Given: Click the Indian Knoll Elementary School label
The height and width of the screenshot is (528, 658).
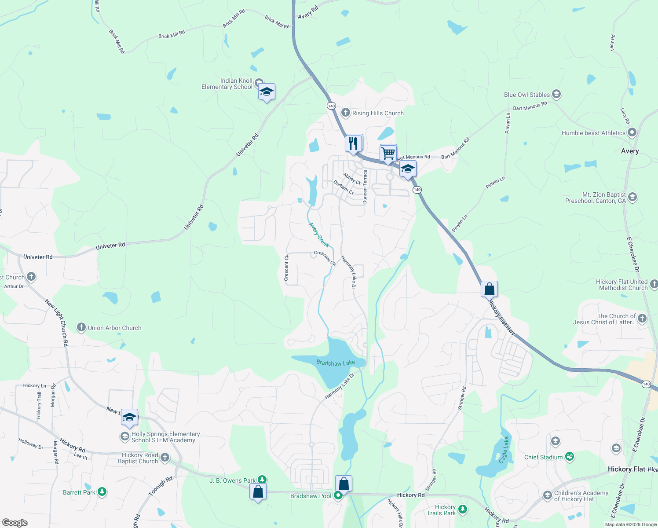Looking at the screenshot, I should tap(227, 84).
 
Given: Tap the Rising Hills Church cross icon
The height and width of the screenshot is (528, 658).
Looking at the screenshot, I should tap(346, 113).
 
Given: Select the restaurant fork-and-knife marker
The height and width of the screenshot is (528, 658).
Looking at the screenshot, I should tap(354, 143).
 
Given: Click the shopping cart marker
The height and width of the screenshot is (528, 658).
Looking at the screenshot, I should tap(388, 154).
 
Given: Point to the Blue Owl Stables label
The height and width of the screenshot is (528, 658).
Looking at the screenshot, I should tap(527, 95).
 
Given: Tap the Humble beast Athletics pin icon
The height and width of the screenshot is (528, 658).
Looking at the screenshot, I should tap(632, 132).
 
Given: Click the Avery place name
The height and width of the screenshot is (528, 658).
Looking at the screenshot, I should tap(630, 151).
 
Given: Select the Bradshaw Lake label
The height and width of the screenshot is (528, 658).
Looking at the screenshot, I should tap(336, 363).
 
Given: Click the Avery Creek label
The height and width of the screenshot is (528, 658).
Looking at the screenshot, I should tap(319, 235).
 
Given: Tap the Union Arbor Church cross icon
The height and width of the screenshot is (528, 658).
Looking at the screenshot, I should tap(81, 327).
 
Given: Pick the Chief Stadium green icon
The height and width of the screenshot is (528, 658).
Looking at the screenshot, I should tap(570, 457).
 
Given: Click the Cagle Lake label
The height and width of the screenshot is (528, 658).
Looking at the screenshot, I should tap(504, 450).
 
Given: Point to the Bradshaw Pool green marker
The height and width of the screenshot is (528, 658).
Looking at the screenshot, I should tap(338, 496).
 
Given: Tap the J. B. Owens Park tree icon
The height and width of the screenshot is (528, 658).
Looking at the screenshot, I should tap(262, 480).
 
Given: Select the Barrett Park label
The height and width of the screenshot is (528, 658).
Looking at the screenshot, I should tap(79, 492).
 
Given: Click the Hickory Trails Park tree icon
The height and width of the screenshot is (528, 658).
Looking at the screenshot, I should tap(462, 510).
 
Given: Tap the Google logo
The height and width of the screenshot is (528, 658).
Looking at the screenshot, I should tap(15, 523).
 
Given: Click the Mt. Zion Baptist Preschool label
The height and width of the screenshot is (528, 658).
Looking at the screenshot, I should tap(595, 198).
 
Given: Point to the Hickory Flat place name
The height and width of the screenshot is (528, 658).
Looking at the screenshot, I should tap(626, 469).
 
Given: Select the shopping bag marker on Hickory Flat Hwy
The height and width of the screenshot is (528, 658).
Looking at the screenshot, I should tap(489, 290).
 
